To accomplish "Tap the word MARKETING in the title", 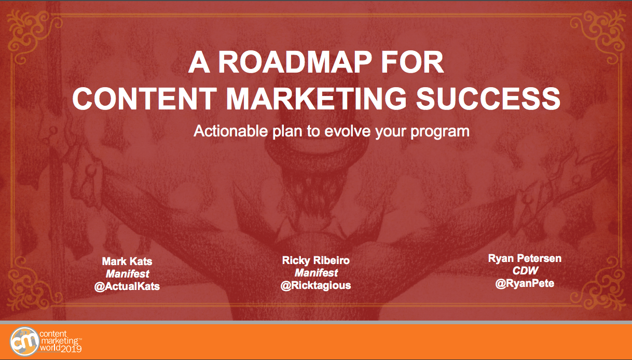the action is (317, 98).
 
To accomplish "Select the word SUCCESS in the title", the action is (488, 98).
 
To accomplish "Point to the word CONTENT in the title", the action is (144, 98).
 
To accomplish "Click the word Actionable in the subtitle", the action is (230, 131).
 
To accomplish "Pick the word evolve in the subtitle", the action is (348, 131).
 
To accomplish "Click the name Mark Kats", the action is (127, 261).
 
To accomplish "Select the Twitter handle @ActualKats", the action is (127, 286).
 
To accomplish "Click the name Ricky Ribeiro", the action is (315, 260).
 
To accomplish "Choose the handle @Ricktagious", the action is (315, 285).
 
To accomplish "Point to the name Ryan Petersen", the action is (525, 258).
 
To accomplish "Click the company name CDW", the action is (525, 271).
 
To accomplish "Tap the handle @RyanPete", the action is (525, 284).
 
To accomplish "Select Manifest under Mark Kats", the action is (128, 274).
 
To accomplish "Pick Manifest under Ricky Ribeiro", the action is (317, 273).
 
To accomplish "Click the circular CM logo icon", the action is (24, 342).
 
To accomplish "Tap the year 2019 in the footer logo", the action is (71, 349).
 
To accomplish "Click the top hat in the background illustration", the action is (317, 118).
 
